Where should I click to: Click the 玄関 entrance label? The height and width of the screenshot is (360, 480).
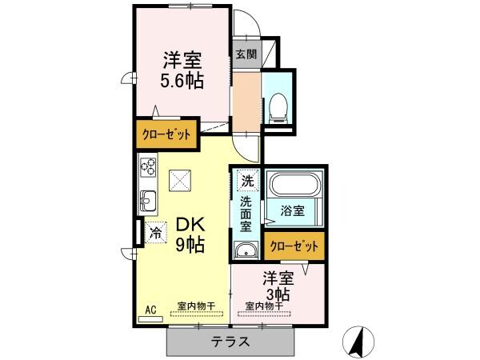pyautogui.click(x=246, y=55)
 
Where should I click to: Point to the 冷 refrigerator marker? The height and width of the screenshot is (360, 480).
pyautogui.click(x=156, y=233)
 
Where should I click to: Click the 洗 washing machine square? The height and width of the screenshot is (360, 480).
pyautogui.click(x=247, y=180)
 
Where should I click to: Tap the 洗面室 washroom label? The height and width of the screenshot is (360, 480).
pyautogui.click(x=246, y=212)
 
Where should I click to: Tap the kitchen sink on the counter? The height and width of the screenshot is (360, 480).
pyautogui.click(x=148, y=199)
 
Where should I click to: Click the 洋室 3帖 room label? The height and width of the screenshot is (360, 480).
pyautogui.click(x=278, y=286)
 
